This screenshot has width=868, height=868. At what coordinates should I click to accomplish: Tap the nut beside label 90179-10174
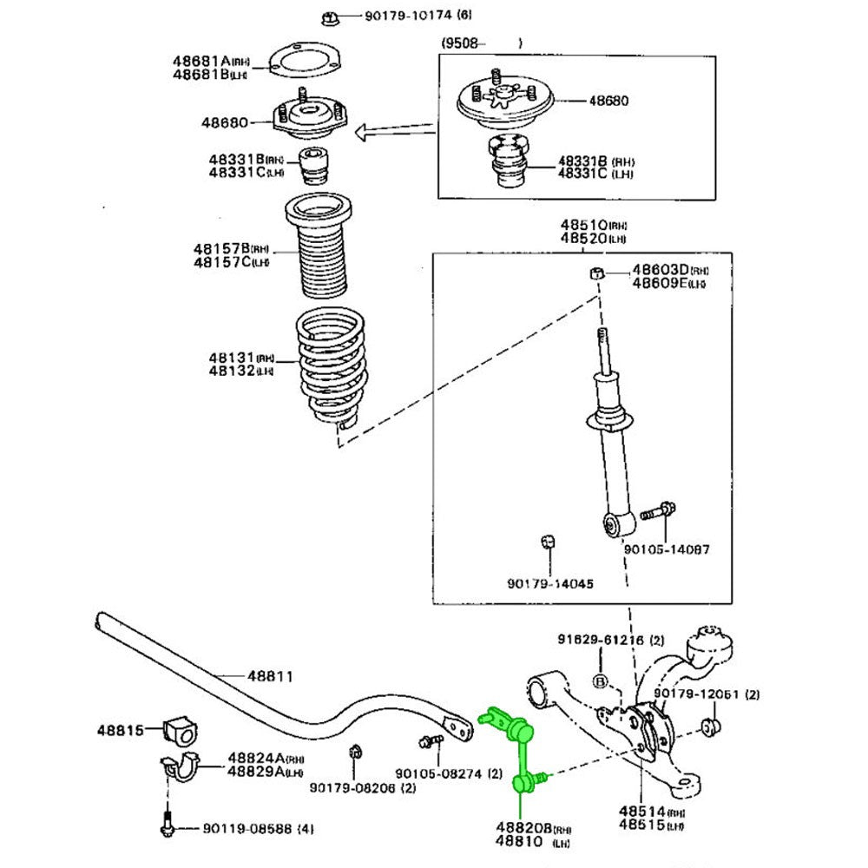[331, 16]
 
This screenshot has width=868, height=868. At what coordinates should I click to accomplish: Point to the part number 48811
[270, 675]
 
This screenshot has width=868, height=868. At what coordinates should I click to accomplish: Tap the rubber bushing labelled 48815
[180, 732]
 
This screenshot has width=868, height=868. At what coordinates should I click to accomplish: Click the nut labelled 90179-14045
[547, 542]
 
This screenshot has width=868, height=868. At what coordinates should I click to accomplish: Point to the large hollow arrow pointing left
[395, 131]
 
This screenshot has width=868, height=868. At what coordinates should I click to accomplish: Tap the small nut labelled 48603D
[596, 274]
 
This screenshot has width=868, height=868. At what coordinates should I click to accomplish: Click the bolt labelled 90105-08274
[429, 742]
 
